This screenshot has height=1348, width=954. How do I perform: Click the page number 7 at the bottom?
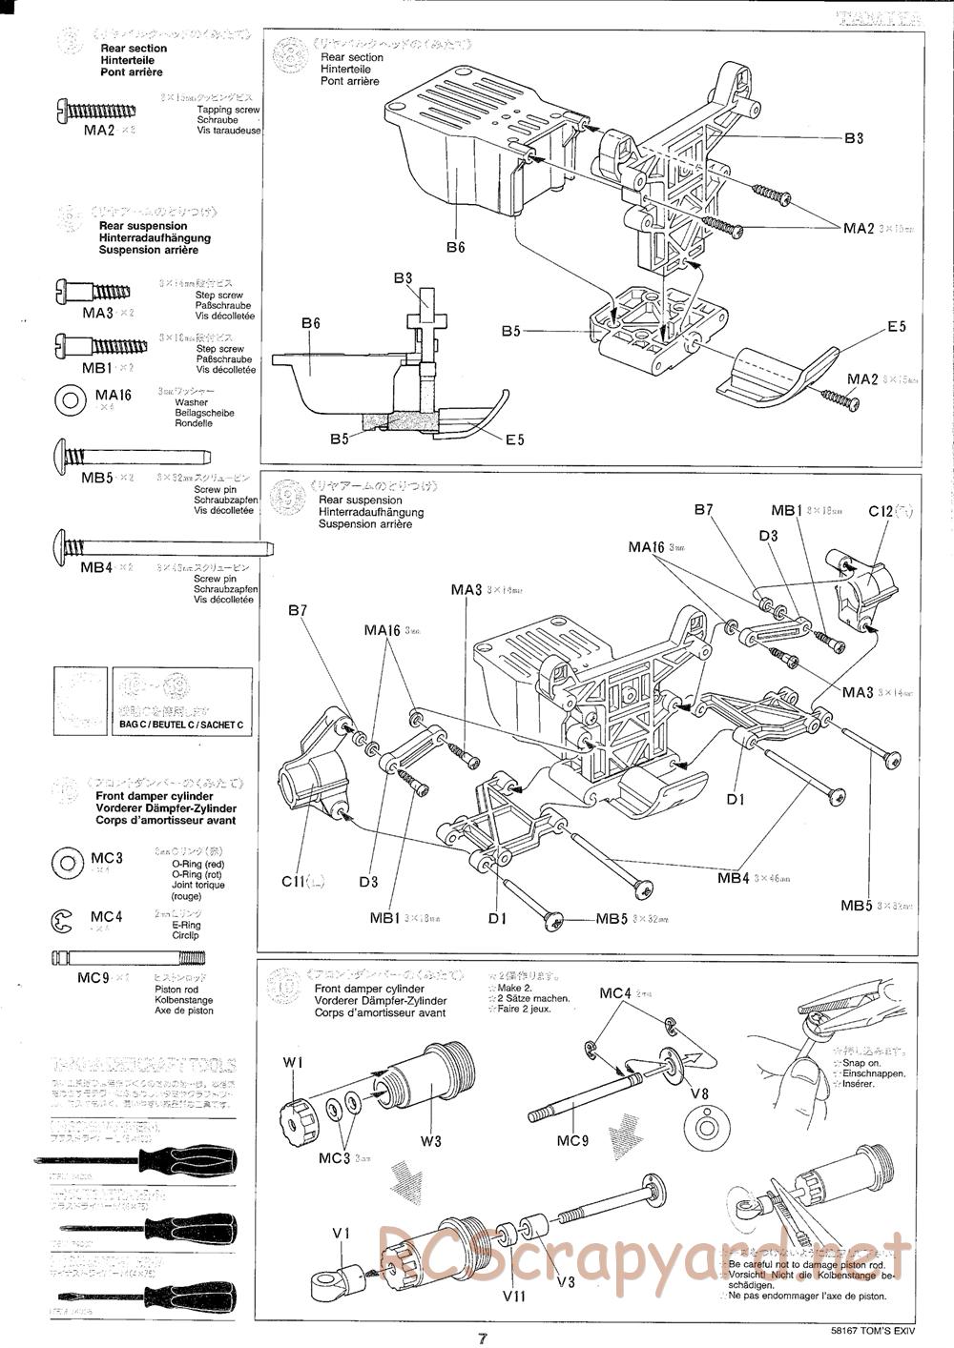pyautogui.click(x=484, y=1337)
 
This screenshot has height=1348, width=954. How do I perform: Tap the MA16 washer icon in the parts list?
pyautogui.click(x=70, y=400)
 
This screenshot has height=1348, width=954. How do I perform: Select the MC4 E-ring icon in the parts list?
pyautogui.click(x=63, y=921)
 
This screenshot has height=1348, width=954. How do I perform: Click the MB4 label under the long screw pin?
pyautogui.click(x=97, y=567)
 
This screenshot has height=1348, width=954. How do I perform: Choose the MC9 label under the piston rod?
pyautogui.click(x=95, y=978)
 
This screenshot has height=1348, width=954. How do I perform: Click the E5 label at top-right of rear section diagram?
pyautogui.click(x=896, y=327)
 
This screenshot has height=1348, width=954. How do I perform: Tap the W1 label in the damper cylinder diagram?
pyautogui.click(x=293, y=1062)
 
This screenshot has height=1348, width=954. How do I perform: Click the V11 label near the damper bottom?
pyautogui.click(x=513, y=1298)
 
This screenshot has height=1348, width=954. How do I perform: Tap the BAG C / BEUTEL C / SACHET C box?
pyautogui.click(x=181, y=725)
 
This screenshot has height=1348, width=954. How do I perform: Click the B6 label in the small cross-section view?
pyautogui.click(x=310, y=323)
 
